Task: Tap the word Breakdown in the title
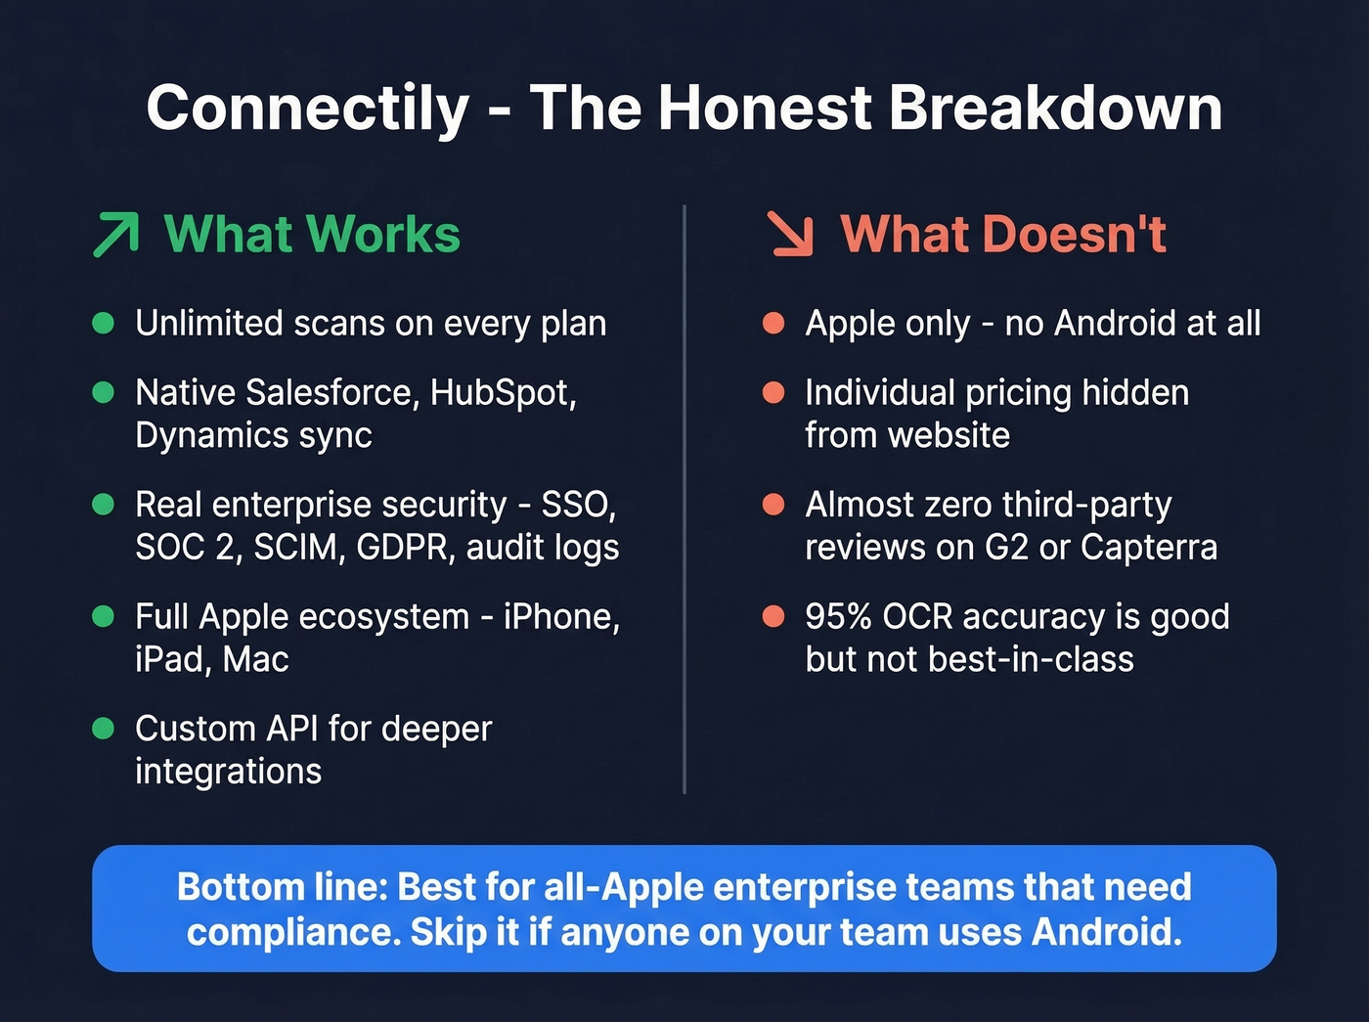(x=1055, y=108)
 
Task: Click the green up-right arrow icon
(x=116, y=235)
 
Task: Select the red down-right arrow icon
(x=790, y=235)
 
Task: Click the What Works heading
(x=312, y=235)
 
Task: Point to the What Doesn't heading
(x=1003, y=235)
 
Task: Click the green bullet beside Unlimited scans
(x=104, y=323)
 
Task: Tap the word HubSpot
(x=502, y=392)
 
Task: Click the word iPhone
(x=560, y=617)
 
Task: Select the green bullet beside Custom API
(x=104, y=729)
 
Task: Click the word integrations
(x=228, y=772)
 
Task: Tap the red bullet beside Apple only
(x=773, y=323)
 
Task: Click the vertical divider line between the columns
(x=684, y=499)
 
